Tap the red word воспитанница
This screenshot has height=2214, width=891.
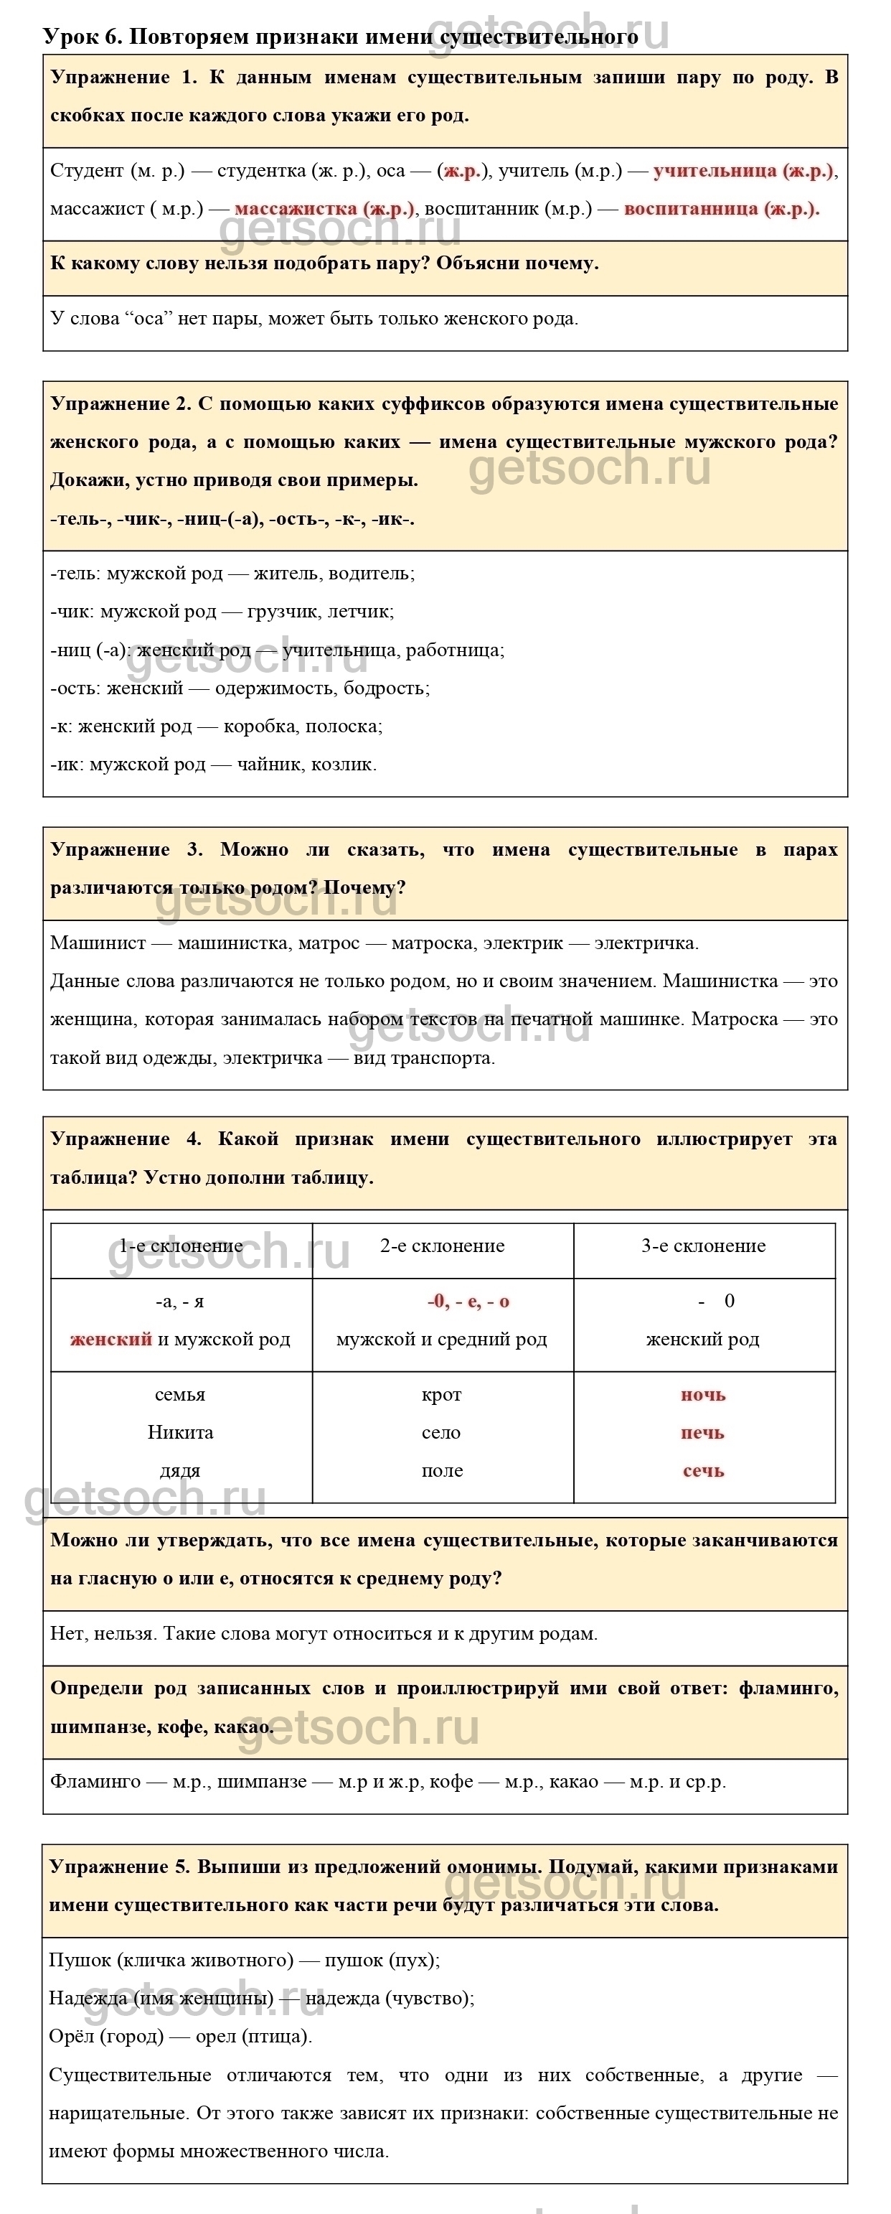(691, 208)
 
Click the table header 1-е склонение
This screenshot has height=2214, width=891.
(181, 1246)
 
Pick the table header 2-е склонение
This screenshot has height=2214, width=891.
(442, 1246)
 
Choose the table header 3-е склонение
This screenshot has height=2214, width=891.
(703, 1246)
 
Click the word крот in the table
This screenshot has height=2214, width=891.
(442, 1394)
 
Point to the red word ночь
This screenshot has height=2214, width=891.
(703, 1394)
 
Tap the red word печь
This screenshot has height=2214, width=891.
(703, 1433)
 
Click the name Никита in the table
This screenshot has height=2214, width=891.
(181, 1433)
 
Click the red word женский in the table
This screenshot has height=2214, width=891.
(111, 1339)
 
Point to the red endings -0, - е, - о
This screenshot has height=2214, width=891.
(468, 1302)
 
